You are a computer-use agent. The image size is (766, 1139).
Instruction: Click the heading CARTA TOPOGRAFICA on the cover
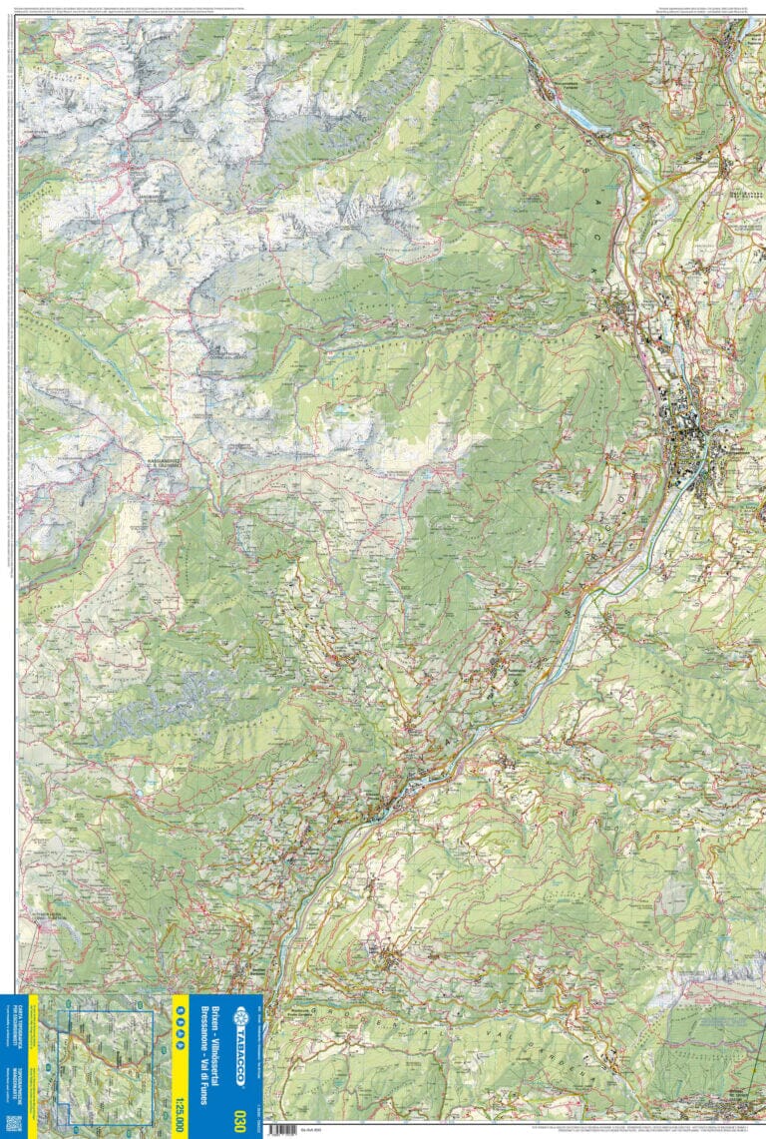[x=19, y=1029]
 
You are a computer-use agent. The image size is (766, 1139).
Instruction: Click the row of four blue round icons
[x=181, y=1026]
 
